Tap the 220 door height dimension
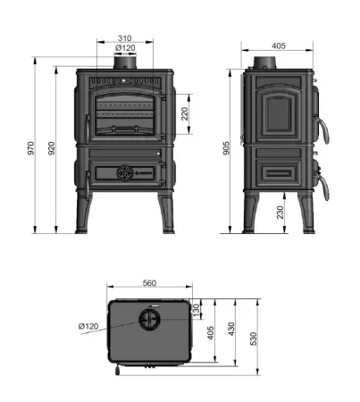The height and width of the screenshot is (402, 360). [184, 113]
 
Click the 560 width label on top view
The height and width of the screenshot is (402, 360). [150, 283]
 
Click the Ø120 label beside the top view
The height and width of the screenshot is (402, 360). [88, 326]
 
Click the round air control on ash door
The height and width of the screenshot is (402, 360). [126, 171]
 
